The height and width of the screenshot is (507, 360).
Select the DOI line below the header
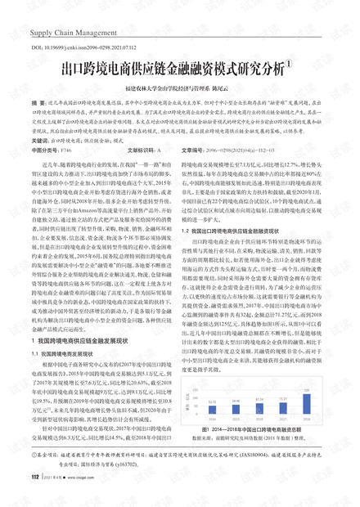tap(87, 49)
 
